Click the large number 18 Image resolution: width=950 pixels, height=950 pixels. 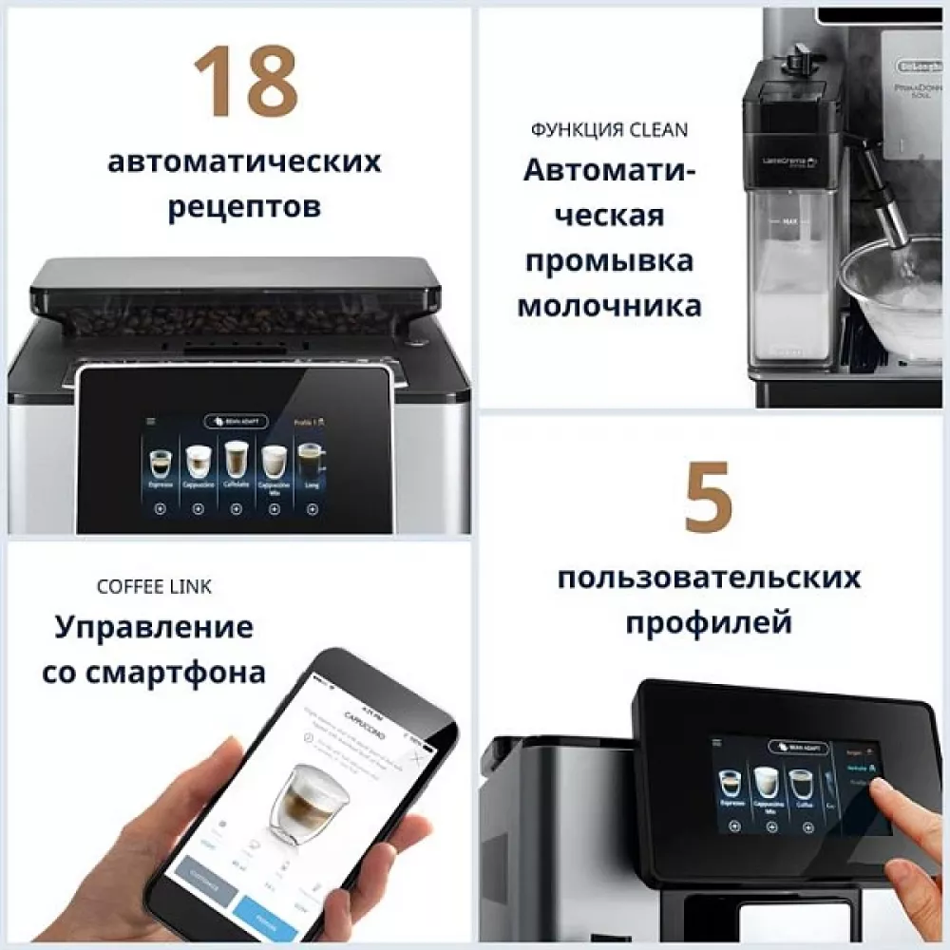pyautogui.click(x=245, y=83)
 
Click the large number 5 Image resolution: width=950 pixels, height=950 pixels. pyautogui.click(x=708, y=497)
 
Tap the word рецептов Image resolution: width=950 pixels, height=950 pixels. pyautogui.click(x=244, y=206)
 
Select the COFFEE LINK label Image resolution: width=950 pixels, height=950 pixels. pyautogui.click(x=154, y=586)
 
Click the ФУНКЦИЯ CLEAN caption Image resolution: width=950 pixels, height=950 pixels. pyautogui.click(x=609, y=130)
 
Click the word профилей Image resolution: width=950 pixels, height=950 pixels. pyautogui.click(x=708, y=623)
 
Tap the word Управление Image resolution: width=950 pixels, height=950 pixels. pyautogui.click(x=154, y=627)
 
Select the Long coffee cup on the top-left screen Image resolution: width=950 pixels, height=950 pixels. pyautogui.click(x=310, y=463)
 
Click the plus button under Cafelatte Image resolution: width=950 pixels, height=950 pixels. pyautogui.click(x=235, y=508)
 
